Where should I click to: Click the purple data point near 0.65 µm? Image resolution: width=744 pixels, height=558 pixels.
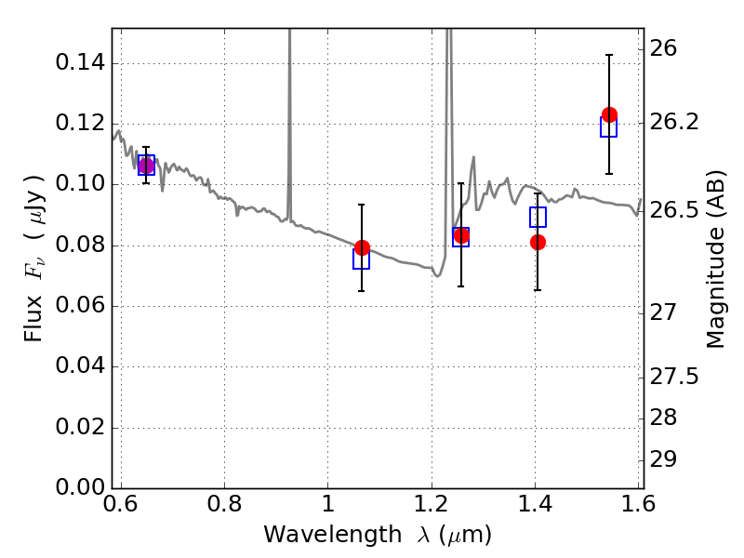(x=146, y=166)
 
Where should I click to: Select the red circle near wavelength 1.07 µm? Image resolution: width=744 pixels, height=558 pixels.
(x=362, y=247)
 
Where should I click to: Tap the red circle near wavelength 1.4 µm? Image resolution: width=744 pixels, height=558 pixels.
(x=538, y=243)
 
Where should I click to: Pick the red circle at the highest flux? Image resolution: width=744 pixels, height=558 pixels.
(x=609, y=114)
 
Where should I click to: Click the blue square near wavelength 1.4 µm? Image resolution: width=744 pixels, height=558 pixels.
(x=538, y=217)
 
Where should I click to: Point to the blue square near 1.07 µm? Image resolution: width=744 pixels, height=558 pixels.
(x=361, y=259)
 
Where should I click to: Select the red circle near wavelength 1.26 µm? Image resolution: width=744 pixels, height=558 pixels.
(x=461, y=235)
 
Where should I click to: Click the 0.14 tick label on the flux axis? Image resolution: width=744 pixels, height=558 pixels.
(x=80, y=62)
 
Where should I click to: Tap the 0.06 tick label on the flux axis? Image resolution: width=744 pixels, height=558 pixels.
(x=80, y=305)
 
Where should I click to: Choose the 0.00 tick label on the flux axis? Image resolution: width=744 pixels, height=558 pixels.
(x=80, y=487)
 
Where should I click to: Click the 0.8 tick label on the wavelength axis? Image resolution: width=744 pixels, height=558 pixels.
(x=224, y=503)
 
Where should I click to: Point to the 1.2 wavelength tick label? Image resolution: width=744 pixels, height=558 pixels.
(x=432, y=503)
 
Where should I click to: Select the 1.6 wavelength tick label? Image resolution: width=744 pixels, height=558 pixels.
(x=639, y=503)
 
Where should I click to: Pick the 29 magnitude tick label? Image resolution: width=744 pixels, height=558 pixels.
(x=663, y=459)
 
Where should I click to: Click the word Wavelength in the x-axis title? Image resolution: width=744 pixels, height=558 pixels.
(x=333, y=535)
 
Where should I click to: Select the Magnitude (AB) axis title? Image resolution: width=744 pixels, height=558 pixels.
(x=716, y=259)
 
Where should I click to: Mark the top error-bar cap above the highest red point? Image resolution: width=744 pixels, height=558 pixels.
(x=609, y=55)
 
